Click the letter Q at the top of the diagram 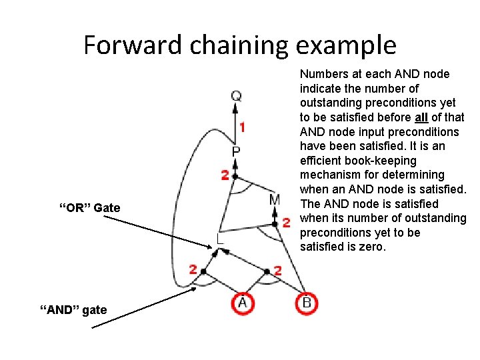236,97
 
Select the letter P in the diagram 236,153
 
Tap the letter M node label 275,200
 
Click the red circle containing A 242,303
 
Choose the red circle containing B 307,303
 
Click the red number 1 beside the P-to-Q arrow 243,127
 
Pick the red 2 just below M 287,222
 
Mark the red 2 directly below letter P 225,176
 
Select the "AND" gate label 73,309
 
